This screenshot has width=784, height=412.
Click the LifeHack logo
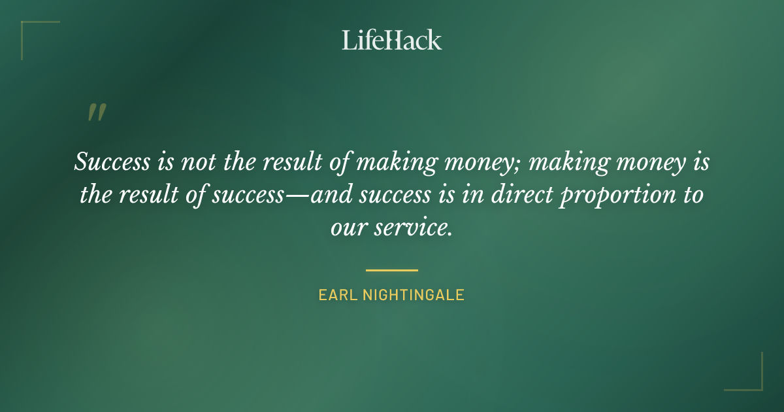(392, 40)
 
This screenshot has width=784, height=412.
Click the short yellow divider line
(392, 269)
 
